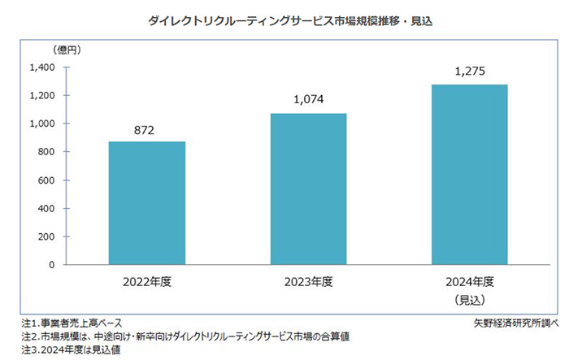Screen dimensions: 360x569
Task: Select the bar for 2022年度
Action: tap(147, 203)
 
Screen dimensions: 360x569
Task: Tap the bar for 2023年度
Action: tap(308, 189)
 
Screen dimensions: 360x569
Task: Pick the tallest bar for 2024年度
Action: tap(469, 175)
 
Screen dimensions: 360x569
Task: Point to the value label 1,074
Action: tap(308, 101)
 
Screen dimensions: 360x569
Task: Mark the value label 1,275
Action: tap(469, 72)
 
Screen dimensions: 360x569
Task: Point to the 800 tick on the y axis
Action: tap(46, 152)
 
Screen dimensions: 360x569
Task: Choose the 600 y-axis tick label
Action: tap(46, 180)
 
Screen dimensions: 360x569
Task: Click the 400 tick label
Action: tap(46, 208)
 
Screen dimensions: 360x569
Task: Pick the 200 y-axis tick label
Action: tap(46, 236)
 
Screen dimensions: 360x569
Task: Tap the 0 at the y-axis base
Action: tap(51, 265)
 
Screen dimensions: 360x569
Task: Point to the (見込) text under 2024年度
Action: tap(469, 300)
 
